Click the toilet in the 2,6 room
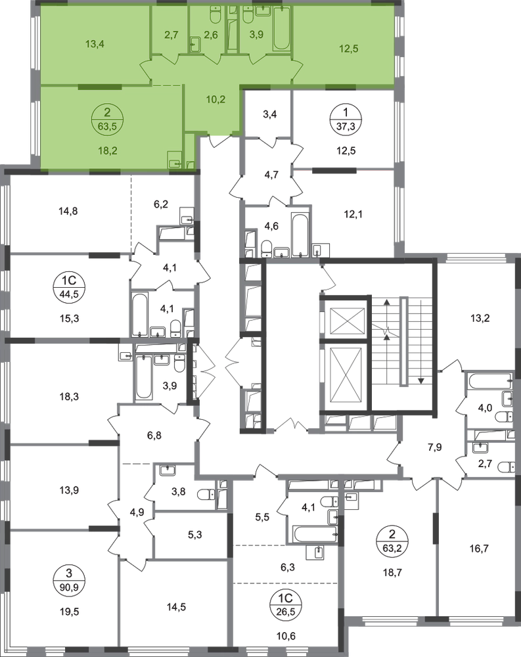point(215,14)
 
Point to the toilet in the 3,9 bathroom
point(248,14)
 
